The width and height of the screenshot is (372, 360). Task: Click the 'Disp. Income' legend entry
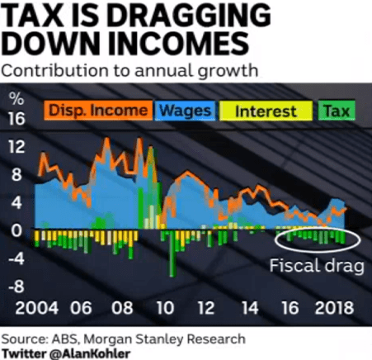[x=97, y=110]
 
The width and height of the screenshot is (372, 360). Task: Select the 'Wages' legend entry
[x=183, y=110]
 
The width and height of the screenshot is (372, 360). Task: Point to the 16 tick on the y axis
[x=16, y=120]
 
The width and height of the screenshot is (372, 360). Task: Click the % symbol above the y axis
[x=15, y=96]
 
